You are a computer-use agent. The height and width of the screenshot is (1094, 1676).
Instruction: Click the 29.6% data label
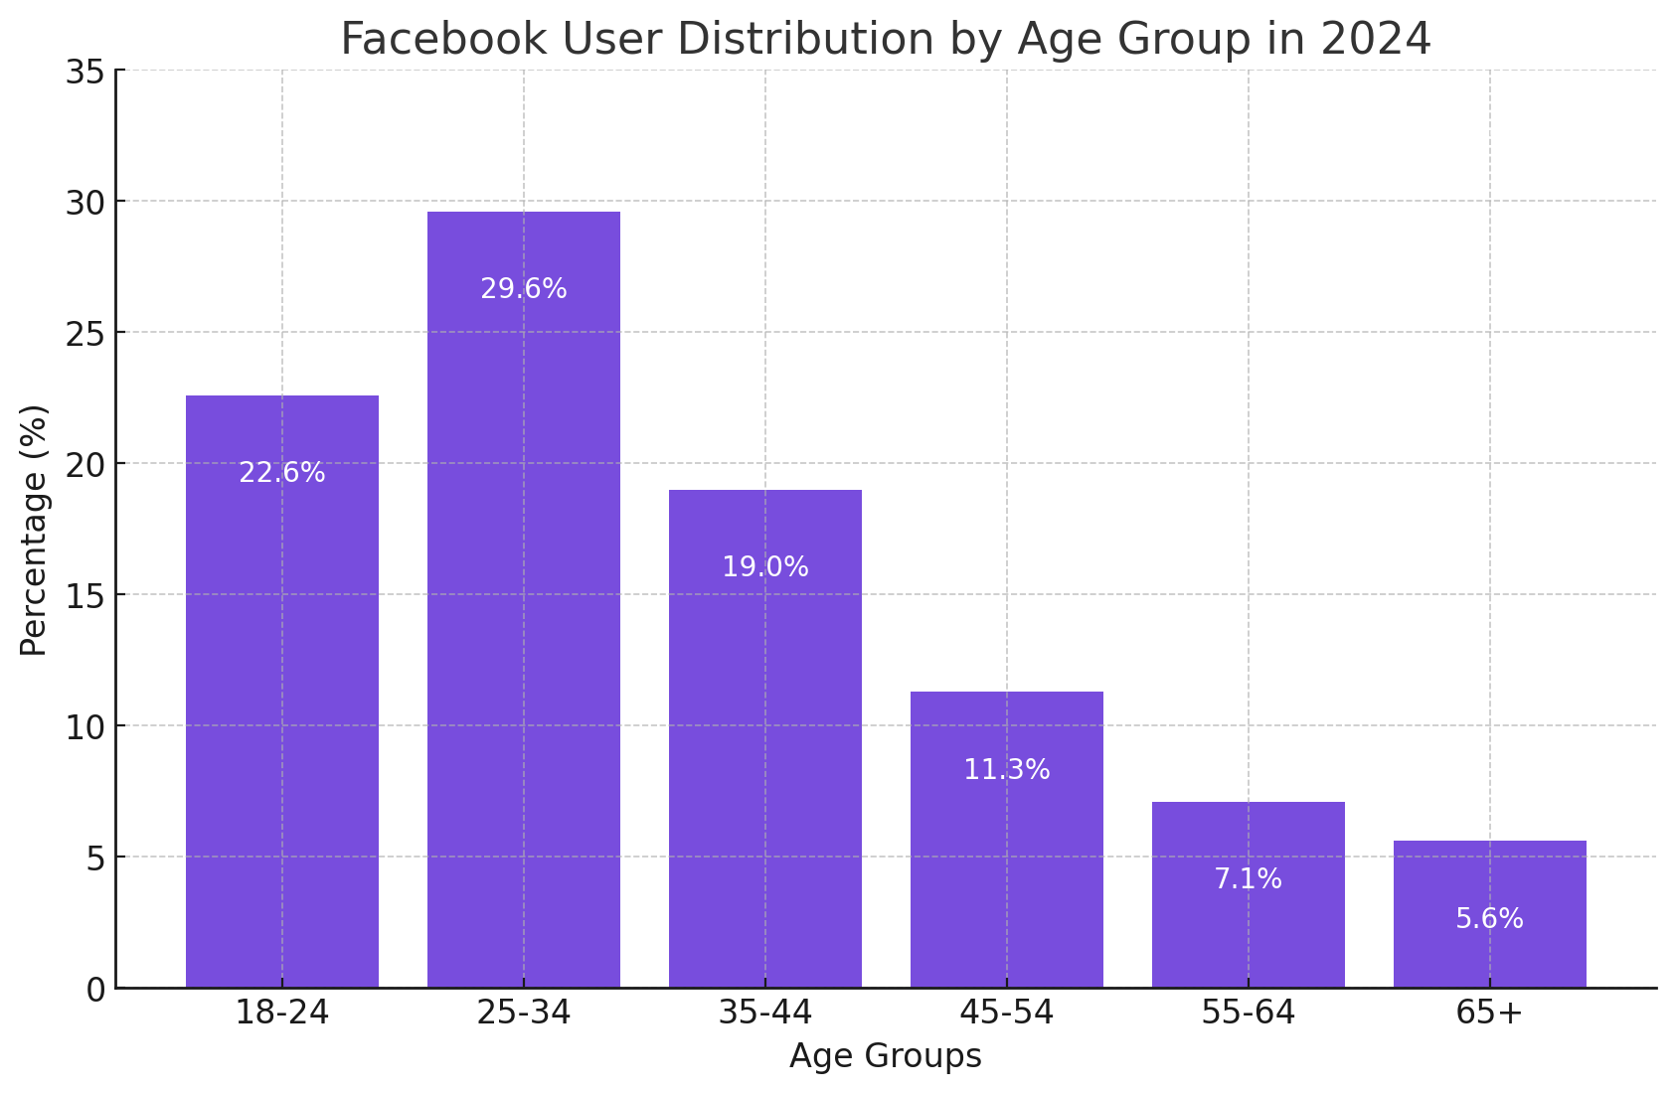(523, 289)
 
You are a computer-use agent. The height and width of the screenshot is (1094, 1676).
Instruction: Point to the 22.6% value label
(281, 473)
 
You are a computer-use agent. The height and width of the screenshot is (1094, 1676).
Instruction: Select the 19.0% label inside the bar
(764, 567)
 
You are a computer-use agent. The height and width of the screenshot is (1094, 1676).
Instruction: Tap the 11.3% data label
(1006, 770)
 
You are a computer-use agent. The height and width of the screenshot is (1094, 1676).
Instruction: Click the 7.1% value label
(1248, 879)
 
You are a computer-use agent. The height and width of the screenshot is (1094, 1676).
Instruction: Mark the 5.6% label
(1489, 919)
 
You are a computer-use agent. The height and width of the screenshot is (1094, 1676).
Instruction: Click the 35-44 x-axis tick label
(764, 1014)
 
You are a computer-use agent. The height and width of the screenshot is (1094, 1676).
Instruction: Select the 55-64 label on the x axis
(1248, 1014)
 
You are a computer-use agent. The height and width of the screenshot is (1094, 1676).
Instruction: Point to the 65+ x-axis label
(1489, 1014)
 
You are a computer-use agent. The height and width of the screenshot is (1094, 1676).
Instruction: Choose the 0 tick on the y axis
(94, 990)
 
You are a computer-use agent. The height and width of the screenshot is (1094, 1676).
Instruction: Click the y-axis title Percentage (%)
(34, 530)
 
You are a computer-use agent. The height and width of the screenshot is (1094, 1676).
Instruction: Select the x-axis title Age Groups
(885, 1056)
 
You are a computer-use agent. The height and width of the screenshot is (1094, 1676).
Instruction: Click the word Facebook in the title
(443, 40)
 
